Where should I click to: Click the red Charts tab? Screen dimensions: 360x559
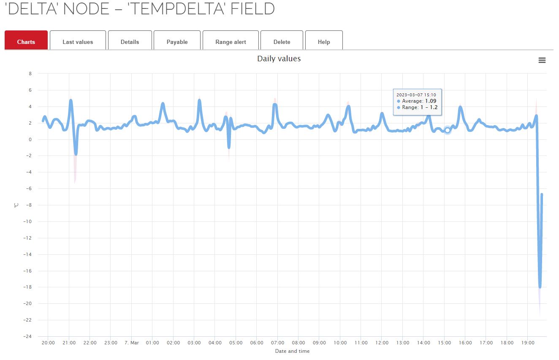pos(26,42)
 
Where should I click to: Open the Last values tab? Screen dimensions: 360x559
pos(78,42)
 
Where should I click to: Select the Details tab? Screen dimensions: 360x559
pos(130,42)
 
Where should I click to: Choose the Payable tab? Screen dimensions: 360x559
pos(177,42)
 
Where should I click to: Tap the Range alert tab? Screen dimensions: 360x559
pos(231,42)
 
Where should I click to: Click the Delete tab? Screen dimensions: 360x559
pos(282,42)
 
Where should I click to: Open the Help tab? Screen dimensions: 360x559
pos(324,42)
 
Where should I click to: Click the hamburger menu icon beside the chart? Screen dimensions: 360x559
pos(542,60)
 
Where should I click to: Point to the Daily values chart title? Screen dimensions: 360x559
pos(279,59)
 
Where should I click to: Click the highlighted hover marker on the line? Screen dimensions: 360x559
pos(448,130)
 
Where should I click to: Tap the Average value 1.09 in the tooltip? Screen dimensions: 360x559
pos(431,101)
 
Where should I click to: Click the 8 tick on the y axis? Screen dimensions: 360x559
pos(30,74)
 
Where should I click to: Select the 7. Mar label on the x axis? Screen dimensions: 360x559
pos(131,343)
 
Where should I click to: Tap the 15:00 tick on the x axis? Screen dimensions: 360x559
pos(444,343)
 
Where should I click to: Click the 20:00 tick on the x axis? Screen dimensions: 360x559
pos(48,343)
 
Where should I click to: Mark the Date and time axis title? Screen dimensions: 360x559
pos(292,351)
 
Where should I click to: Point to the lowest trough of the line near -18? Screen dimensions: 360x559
pos(540,287)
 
